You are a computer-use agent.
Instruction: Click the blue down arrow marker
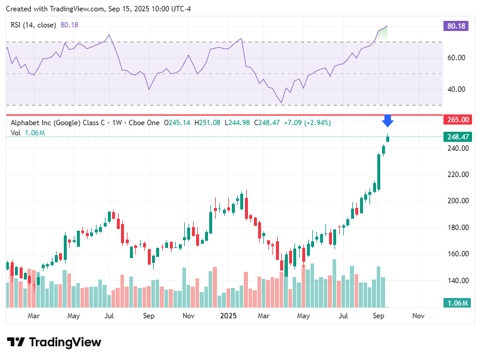coord(387,121)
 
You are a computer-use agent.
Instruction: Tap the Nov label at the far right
coord(418,315)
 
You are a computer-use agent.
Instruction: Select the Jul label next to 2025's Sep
coord(343,315)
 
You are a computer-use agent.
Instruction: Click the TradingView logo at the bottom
coord(54,342)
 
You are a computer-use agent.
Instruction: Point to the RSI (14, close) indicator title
coord(33,24)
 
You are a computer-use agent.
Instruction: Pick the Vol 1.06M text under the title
coord(28,132)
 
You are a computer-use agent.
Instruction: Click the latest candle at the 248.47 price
coord(388,138)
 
